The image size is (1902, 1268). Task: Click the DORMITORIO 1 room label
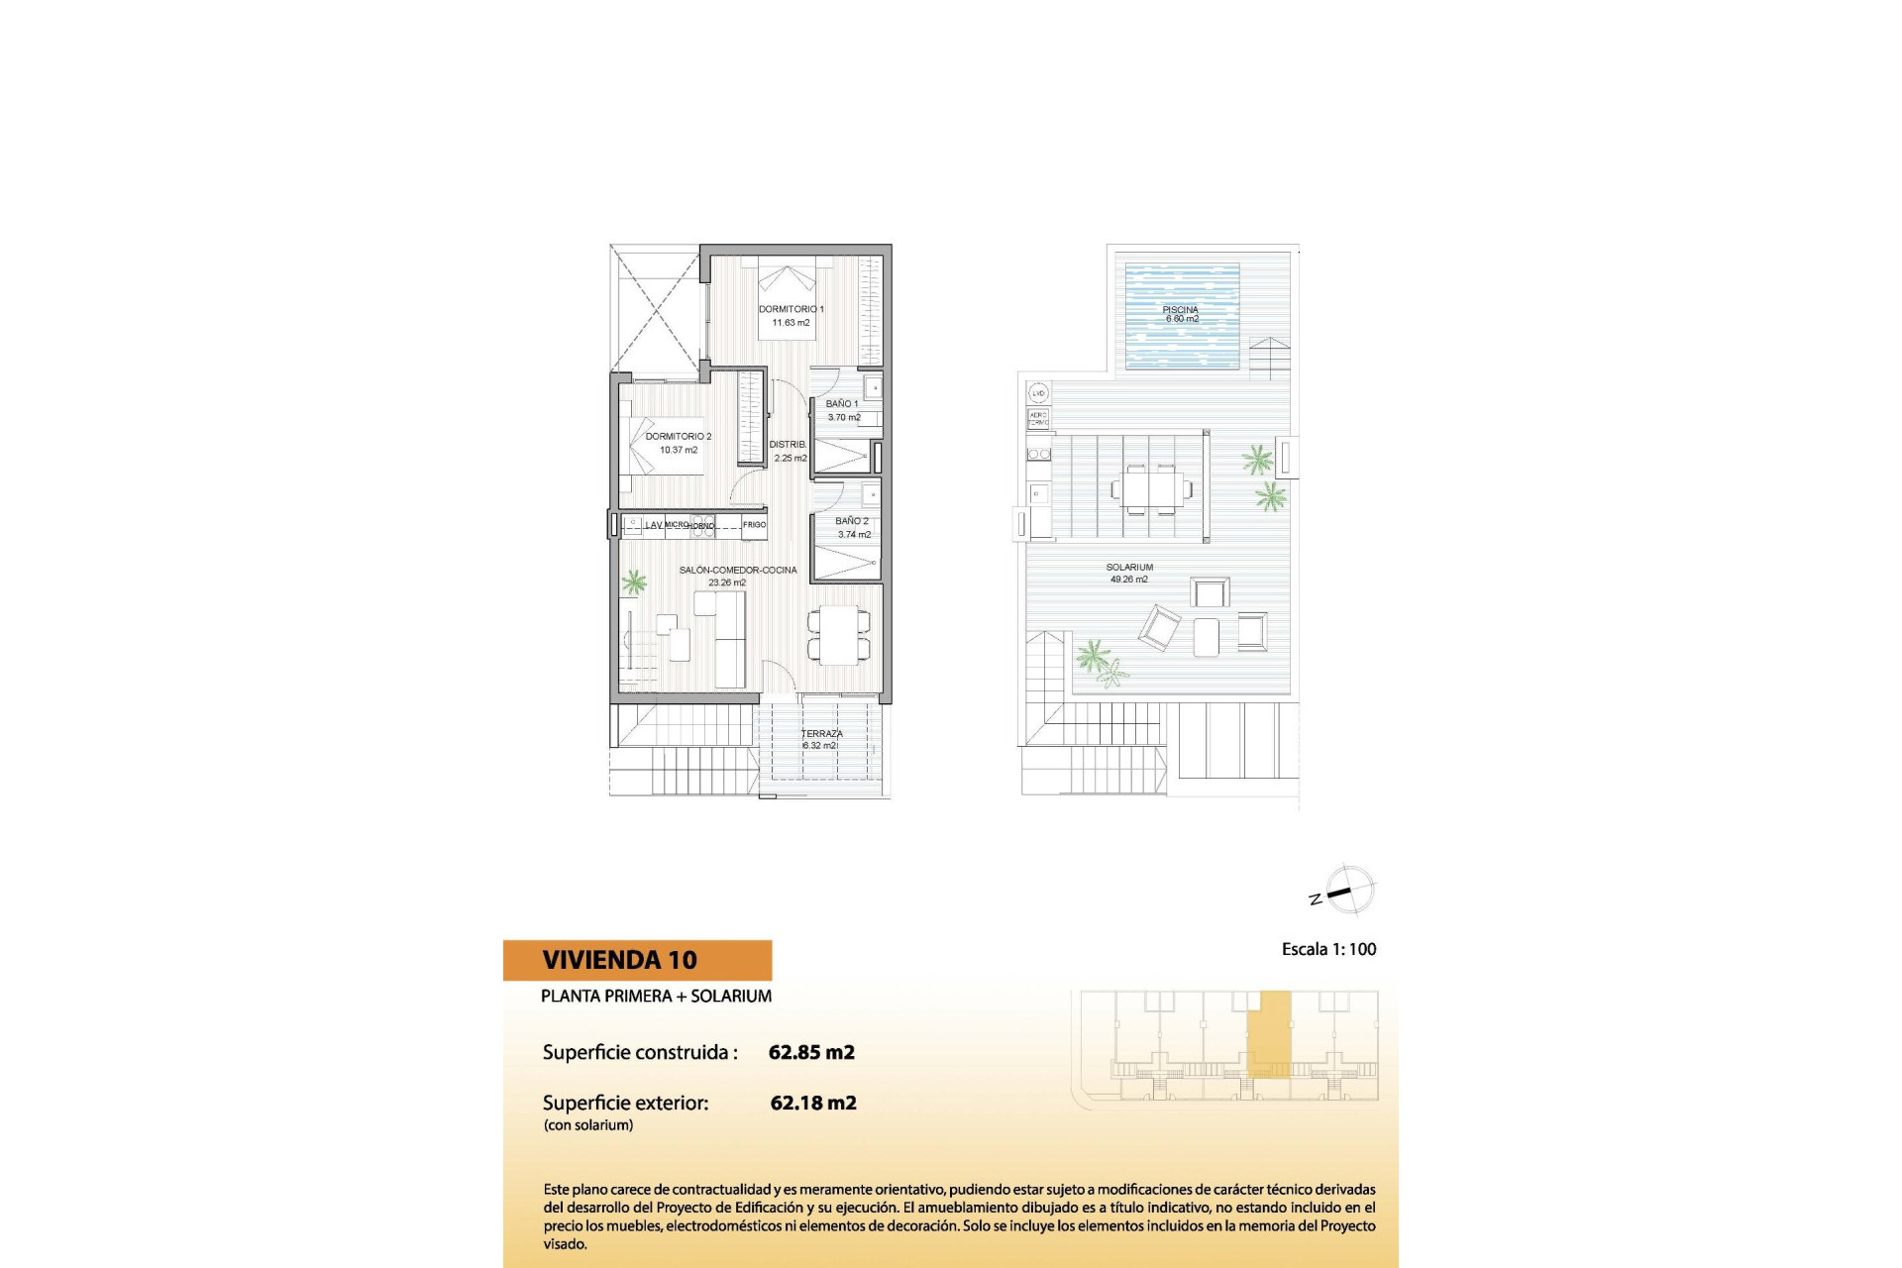tap(791, 309)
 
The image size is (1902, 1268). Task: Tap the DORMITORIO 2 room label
tap(679, 436)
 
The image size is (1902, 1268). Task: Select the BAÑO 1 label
tap(842, 404)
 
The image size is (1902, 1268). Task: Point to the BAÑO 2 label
tap(852, 521)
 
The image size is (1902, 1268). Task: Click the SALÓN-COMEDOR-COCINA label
tap(738, 571)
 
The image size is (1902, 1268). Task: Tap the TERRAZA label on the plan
tap(821, 734)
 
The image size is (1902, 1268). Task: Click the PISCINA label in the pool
tap(1180, 310)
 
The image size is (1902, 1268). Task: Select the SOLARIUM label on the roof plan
tap(1129, 568)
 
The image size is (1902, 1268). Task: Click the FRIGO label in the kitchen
tap(754, 525)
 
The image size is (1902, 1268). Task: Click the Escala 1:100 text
tap(1328, 949)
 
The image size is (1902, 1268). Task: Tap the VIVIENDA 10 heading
tap(620, 960)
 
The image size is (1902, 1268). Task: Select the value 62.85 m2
tap(811, 1052)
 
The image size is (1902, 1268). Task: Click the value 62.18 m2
tap(813, 1103)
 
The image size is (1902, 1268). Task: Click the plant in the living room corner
tap(633, 582)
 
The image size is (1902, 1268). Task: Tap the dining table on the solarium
tap(1151, 488)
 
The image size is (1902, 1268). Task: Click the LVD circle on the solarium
tap(1038, 393)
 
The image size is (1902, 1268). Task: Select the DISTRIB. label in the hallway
tap(788, 445)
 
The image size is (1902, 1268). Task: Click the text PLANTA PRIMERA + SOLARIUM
tap(656, 997)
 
